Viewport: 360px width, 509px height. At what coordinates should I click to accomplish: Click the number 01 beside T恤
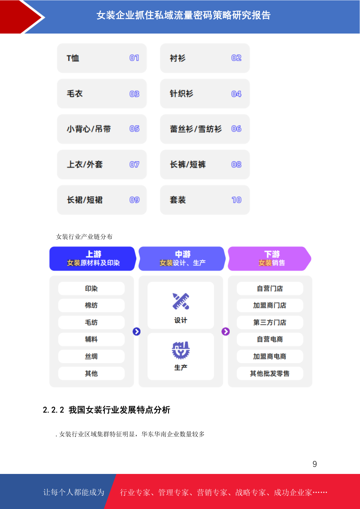[x=134, y=58]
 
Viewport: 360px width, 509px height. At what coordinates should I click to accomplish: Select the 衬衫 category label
[x=177, y=58]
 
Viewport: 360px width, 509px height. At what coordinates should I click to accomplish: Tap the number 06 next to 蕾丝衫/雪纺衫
[x=236, y=129]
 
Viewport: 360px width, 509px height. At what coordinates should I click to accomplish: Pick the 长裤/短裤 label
[x=188, y=164]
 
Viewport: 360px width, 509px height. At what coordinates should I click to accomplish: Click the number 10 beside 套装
[x=237, y=200]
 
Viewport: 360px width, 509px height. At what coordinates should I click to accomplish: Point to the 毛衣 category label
[x=75, y=94]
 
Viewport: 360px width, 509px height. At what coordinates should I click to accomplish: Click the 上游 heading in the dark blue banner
[x=93, y=254]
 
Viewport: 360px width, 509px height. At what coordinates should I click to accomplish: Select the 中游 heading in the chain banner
[x=183, y=254]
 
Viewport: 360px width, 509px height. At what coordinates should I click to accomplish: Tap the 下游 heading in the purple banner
[x=272, y=254]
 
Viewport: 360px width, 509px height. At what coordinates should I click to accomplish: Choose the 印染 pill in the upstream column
[x=91, y=288]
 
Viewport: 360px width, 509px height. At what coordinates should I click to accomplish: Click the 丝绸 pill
[x=91, y=356]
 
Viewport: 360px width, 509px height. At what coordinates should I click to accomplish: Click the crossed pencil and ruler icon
[x=181, y=301]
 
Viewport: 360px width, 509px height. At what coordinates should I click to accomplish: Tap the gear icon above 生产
[x=181, y=350]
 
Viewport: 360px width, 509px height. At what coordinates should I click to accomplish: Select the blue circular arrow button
[x=137, y=332]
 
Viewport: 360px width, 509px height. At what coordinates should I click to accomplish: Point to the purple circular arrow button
[x=226, y=332]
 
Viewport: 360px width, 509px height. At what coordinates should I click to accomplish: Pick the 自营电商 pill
[x=270, y=339]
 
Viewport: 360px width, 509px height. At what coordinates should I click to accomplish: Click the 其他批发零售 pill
[x=270, y=373]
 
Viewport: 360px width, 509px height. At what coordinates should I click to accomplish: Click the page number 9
[x=315, y=464]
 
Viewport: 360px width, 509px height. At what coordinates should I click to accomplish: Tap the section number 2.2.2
[x=54, y=410]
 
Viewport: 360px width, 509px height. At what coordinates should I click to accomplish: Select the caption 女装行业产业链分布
[x=84, y=237]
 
